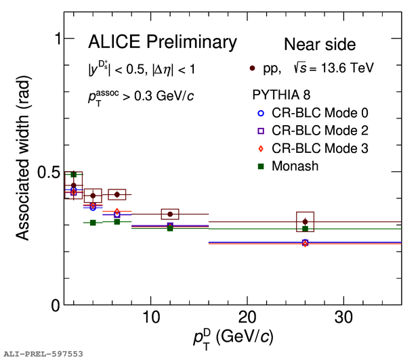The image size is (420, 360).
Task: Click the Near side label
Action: click(319, 45)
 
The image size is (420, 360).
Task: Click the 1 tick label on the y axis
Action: click(57, 39)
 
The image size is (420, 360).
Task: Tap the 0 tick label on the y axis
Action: click(56, 305)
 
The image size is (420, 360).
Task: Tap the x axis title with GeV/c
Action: click(232, 336)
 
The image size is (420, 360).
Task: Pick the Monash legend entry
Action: click(292, 165)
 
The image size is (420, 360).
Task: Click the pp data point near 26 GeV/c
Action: click(306, 221)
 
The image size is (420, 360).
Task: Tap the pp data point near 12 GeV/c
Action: click(170, 214)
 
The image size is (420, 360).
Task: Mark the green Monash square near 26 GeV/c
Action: click(306, 229)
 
